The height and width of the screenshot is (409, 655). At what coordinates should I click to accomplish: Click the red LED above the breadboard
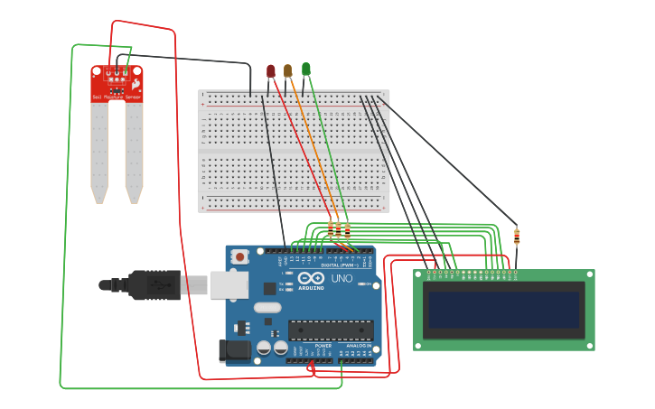pyautogui.click(x=270, y=70)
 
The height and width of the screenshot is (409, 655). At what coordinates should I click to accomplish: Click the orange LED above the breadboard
pyautogui.click(x=287, y=70)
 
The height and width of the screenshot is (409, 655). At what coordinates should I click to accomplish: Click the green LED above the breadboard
pyautogui.click(x=305, y=70)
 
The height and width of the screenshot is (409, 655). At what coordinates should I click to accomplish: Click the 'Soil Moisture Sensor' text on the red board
pyautogui.click(x=117, y=97)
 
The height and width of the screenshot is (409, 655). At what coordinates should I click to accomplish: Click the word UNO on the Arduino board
pyautogui.click(x=342, y=279)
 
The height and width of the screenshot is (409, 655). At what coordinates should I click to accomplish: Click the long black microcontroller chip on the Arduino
pyautogui.click(x=330, y=330)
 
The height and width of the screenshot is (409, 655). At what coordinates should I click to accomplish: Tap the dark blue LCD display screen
pyautogui.click(x=503, y=310)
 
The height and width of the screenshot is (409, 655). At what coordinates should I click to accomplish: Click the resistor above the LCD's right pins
pyautogui.click(x=517, y=237)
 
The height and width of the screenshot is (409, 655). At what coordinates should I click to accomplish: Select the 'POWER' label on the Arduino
pyautogui.click(x=323, y=345)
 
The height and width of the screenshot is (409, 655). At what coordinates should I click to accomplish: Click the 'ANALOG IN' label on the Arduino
pyautogui.click(x=358, y=345)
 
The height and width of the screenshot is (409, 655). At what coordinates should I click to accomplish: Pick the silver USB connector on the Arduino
pyautogui.click(x=229, y=285)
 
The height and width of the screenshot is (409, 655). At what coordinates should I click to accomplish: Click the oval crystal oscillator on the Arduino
pyautogui.click(x=267, y=307)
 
